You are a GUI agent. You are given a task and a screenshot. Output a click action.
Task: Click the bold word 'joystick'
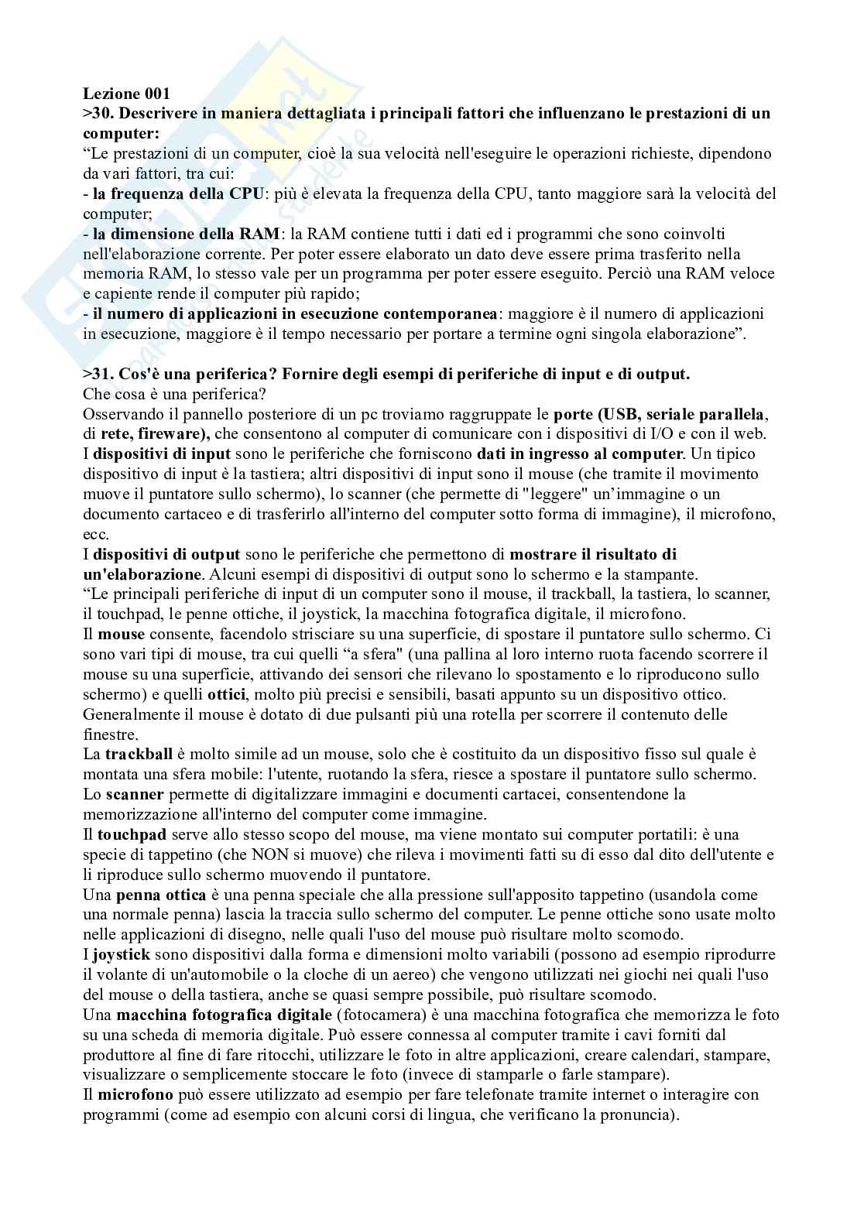pos(122,955)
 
